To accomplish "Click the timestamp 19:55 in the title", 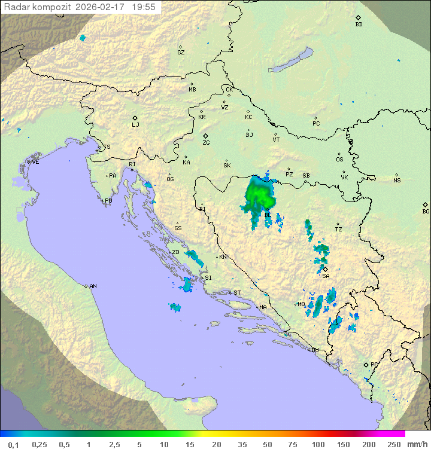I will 144,7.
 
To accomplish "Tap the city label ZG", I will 206,143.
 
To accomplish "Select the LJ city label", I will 135,124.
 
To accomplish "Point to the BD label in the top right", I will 359,24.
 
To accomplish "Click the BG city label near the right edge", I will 426,211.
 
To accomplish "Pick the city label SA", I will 326,276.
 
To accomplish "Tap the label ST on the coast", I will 237,292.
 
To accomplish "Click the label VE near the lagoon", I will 35,161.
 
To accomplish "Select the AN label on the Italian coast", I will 93,286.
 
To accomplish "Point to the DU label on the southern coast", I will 314,350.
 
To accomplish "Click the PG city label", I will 374,364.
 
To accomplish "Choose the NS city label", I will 397,180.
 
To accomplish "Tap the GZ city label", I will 181,52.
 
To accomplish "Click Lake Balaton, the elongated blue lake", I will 292,61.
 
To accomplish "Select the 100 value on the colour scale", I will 318,444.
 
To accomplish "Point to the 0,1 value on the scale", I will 13,444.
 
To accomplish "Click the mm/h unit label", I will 416,444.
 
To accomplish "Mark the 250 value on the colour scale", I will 393,444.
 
